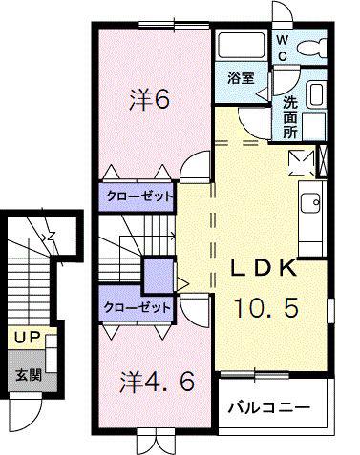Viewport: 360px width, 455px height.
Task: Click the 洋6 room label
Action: pos(149,99)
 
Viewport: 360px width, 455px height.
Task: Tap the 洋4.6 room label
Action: pos(157,382)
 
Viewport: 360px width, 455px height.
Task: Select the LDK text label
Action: pos(263,268)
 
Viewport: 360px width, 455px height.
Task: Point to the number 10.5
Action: pos(266,307)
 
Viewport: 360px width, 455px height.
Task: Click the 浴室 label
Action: pos(242,78)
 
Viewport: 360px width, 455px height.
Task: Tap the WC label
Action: pos(282,48)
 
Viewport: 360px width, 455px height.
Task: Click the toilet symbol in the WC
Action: pos(312,48)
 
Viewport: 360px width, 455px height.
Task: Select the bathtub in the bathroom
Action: pos(241,45)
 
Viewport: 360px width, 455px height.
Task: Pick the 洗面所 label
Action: pos(289,117)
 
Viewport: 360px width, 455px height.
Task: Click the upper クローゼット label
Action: pos(139,196)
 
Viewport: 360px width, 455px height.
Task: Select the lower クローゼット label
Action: pos(138,307)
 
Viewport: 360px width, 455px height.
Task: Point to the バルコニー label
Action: pos(268,407)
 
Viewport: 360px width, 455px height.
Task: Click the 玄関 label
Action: pos(29,376)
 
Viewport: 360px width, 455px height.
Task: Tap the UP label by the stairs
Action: pos(28,338)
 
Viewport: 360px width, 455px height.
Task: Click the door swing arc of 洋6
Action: pos(191,159)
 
